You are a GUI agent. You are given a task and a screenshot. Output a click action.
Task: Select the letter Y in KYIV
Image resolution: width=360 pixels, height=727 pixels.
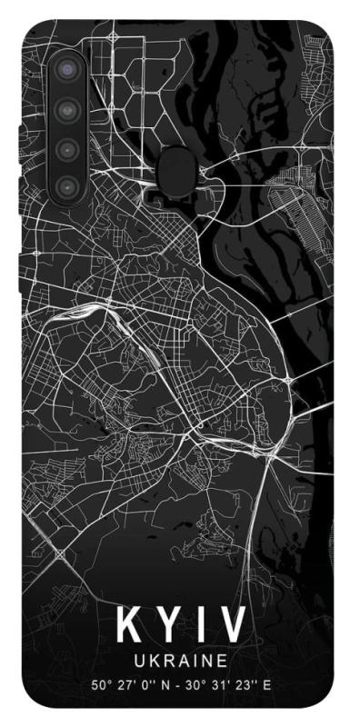coord(169,626)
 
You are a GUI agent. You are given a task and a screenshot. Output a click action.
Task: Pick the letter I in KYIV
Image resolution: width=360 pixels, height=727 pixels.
coord(201,626)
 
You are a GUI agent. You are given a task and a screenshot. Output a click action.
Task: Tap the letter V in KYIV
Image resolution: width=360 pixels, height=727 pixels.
coord(232,626)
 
